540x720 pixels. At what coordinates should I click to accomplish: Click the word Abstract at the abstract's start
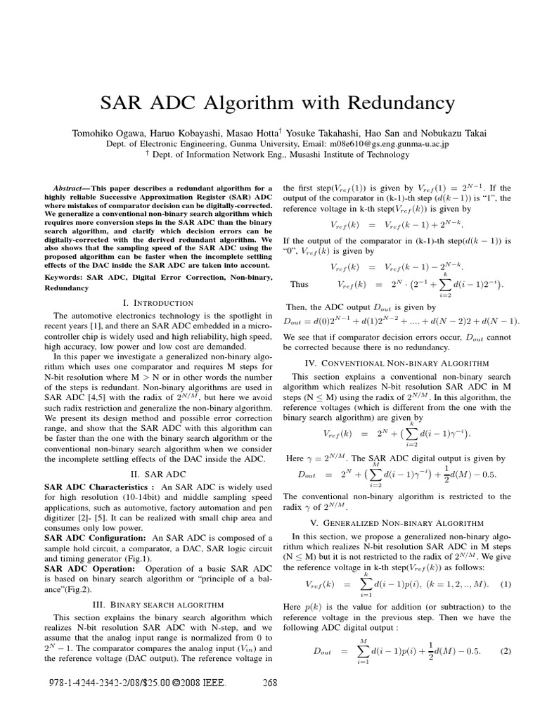click(x=74, y=189)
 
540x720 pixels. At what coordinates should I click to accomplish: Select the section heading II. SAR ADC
click(x=153, y=474)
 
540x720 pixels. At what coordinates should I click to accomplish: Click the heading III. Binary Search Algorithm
click(x=153, y=604)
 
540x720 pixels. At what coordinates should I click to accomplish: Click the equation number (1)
click(x=504, y=584)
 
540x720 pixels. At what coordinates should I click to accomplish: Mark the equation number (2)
click(x=504, y=650)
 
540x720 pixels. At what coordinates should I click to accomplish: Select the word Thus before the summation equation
click(x=299, y=285)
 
